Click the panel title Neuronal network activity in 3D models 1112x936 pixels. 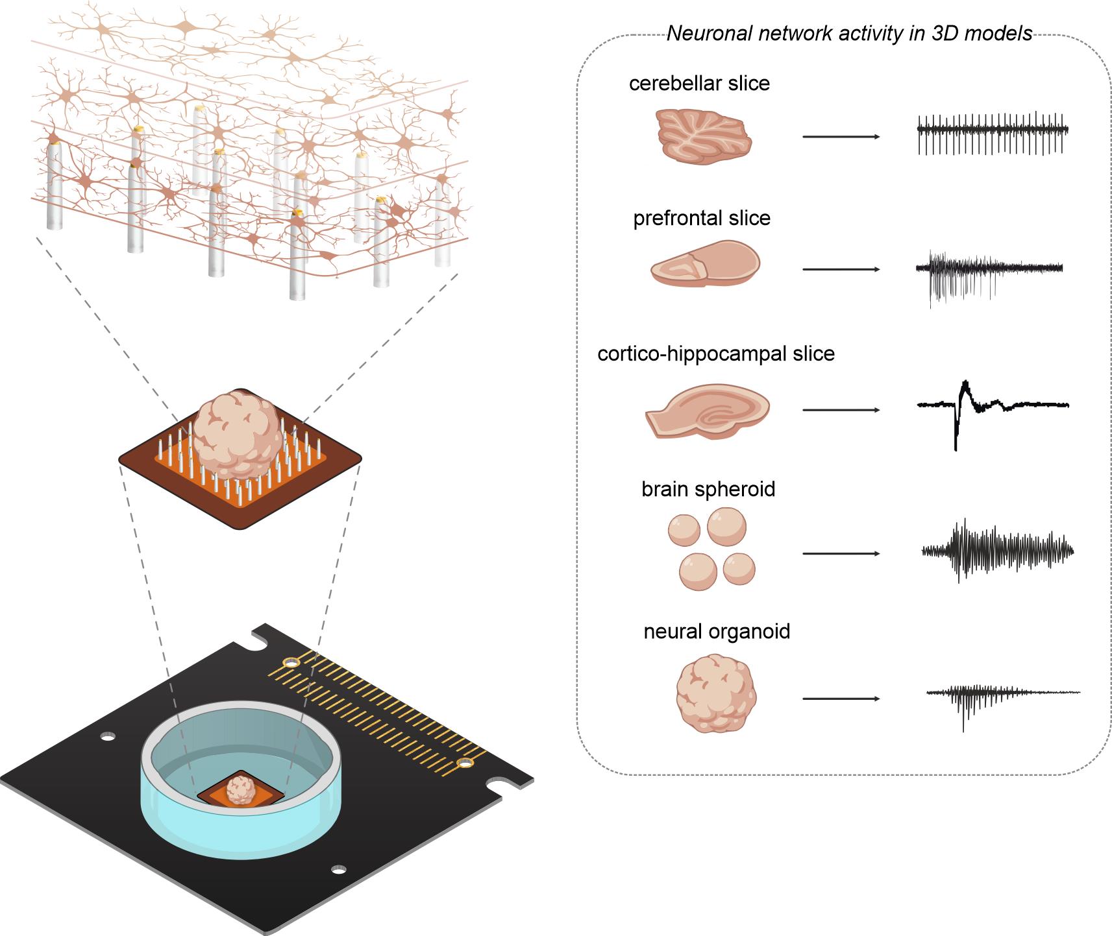tap(849, 34)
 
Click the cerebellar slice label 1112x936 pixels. tap(699, 84)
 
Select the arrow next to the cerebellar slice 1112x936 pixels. tap(841, 137)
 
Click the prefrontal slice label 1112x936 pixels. tap(702, 219)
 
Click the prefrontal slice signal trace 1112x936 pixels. tap(989, 272)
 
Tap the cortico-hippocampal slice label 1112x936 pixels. tap(716, 354)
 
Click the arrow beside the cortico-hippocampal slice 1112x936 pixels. tap(841, 410)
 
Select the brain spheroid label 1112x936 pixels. tap(708, 489)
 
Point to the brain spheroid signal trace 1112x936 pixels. tap(998, 550)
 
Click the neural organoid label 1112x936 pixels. tap(717, 632)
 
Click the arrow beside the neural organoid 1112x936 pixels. tap(841, 699)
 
